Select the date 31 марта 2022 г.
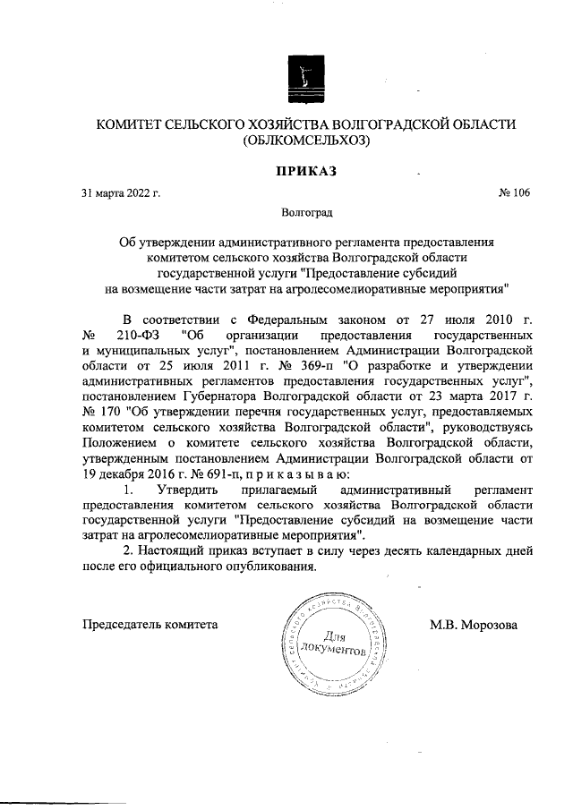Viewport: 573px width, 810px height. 121,193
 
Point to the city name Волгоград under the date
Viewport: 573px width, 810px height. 306,215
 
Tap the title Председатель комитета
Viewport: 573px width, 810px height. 150,624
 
